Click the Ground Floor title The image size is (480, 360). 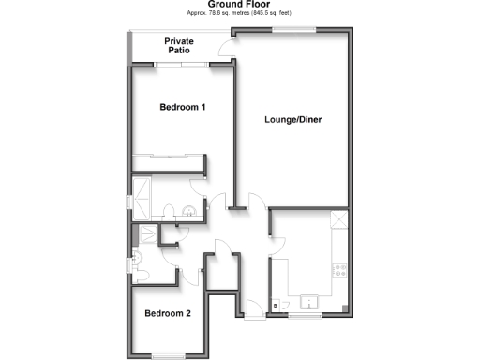(x=240, y=5)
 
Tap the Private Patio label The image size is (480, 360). (x=179, y=46)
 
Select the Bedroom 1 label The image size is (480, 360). (x=183, y=108)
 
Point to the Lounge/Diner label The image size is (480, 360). (x=293, y=120)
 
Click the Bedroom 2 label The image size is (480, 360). (x=168, y=314)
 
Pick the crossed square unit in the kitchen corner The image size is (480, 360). (x=339, y=221)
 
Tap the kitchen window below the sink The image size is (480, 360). (x=304, y=316)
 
